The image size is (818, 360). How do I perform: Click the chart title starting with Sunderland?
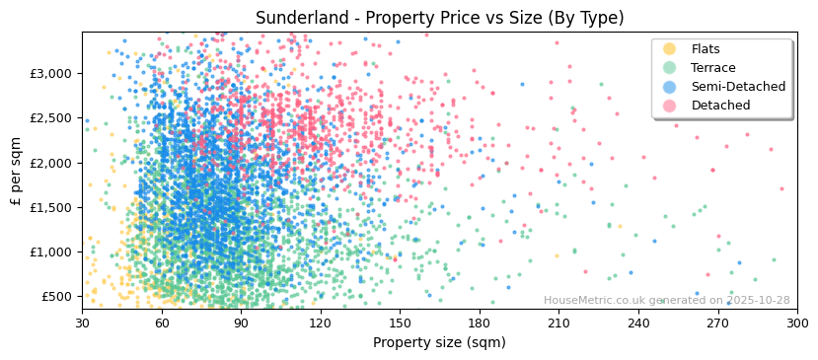(x=439, y=18)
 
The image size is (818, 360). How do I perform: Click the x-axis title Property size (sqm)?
(x=439, y=343)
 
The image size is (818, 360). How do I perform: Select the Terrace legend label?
(x=713, y=68)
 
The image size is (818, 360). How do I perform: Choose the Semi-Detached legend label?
(x=738, y=87)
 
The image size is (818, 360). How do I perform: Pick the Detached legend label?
(x=720, y=106)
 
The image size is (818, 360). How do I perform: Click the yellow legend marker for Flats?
(x=670, y=49)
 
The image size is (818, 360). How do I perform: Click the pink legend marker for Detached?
(x=670, y=106)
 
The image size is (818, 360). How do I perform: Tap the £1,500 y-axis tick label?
(x=50, y=207)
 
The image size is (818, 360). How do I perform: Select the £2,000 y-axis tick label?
(x=50, y=163)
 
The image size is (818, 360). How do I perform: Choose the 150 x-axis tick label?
(x=400, y=323)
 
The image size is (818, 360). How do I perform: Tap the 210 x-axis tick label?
(x=558, y=323)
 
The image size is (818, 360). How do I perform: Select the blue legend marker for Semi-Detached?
(x=670, y=87)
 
